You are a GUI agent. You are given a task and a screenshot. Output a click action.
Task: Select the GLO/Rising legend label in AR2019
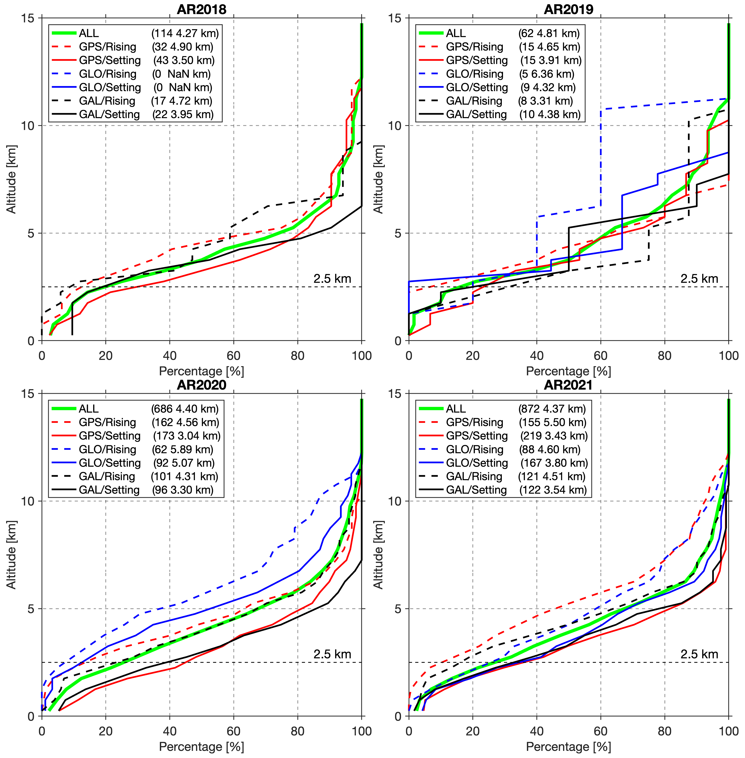[475, 74]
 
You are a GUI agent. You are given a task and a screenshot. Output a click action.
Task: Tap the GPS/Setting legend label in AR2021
[477, 436]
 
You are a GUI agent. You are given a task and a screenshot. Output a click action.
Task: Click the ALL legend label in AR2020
[88, 409]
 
